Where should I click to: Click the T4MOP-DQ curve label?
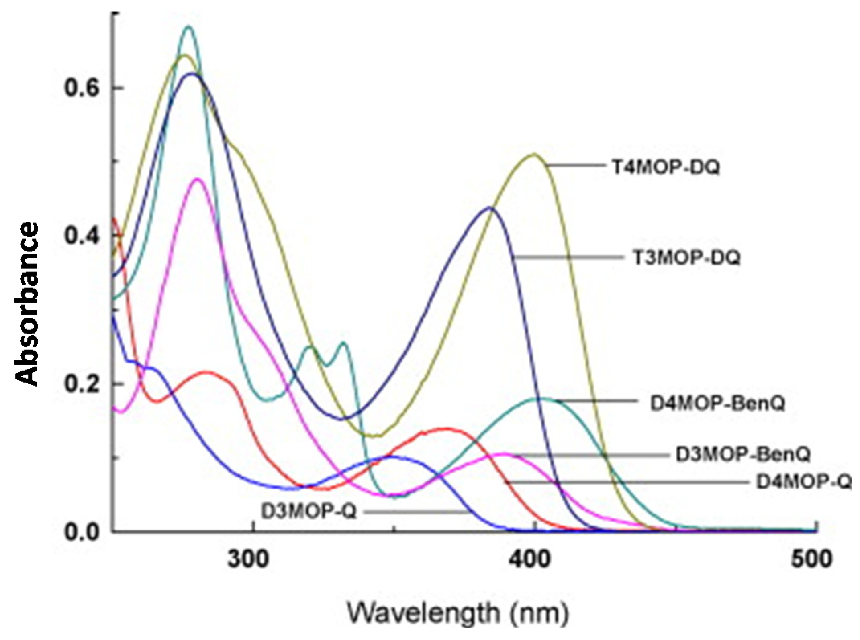point(666,167)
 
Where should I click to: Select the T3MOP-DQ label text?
point(686,258)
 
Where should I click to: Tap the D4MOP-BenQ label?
point(717,404)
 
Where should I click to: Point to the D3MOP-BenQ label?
point(743,455)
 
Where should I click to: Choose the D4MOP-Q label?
point(803,482)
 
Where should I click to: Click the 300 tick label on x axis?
point(248,559)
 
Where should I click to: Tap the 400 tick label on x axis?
point(530,559)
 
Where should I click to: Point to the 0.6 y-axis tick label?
point(82,89)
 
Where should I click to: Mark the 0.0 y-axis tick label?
point(82,532)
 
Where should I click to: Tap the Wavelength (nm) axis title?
point(458,614)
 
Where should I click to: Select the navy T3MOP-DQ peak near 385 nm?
point(489,208)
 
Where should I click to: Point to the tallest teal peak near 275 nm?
point(188,27)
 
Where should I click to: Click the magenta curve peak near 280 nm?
point(197,179)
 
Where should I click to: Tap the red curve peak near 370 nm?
point(446,429)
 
